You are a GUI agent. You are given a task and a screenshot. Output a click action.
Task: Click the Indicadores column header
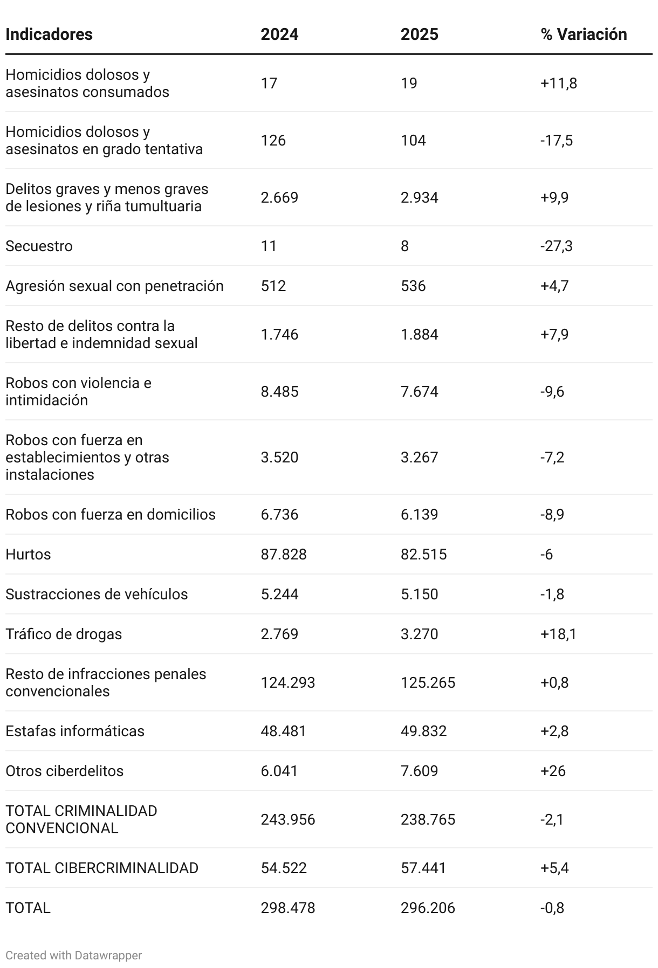tap(49, 34)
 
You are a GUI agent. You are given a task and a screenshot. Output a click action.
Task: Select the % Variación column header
tap(584, 34)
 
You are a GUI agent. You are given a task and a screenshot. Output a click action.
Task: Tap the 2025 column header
tap(419, 34)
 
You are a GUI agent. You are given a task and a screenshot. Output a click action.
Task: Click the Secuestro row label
tap(39, 246)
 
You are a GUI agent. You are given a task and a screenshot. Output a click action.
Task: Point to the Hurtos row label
tap(28, 554)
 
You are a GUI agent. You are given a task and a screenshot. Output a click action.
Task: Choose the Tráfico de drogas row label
tap(64, 634)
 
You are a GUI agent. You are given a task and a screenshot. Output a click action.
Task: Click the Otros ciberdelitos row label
tap(64, 771)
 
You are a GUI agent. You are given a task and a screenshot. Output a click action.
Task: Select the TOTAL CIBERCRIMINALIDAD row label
tap(102, 868)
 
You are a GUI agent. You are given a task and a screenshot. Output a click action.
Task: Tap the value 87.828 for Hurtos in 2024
tap(284, 554)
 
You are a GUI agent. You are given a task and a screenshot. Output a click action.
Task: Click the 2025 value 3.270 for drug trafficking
tap(419, 634)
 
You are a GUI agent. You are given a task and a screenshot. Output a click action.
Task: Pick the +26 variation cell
tap(553, 771)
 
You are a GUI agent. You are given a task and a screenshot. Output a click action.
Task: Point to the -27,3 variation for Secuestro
tap(556, 246)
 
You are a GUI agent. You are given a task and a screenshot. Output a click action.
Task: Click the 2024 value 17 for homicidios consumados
tap(269, 83)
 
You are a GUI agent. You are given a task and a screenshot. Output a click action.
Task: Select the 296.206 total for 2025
tap(428, 908)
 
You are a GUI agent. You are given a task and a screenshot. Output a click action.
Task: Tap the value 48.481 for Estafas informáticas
tap(283, 731)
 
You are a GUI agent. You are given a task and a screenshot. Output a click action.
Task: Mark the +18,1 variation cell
tap(558, 634)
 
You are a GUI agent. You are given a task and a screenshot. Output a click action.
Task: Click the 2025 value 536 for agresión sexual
tap(413, 286)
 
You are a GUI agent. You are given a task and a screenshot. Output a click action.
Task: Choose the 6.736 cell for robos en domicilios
tap(279, 514)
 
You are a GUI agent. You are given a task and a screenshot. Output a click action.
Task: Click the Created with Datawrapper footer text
tap(73, 955)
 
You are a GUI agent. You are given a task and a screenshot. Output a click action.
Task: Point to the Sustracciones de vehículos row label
tap(97, 594)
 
